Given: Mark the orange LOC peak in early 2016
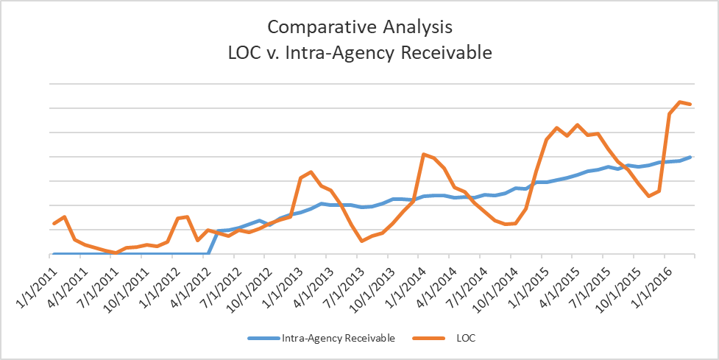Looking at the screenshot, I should pos(679,102).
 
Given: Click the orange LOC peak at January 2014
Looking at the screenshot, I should pos(423,154).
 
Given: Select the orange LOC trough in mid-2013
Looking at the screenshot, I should pos(362,241).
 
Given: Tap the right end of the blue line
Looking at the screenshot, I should pos(690,157).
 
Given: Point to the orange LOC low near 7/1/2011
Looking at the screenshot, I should pos(116,253).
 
